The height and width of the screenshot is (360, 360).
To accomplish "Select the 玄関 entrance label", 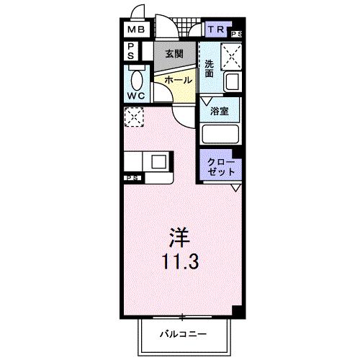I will click(x=173, y=53).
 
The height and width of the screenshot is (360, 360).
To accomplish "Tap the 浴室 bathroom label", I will click(x=220, y=111).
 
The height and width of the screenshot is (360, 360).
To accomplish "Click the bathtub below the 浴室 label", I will click(x=220, y=134).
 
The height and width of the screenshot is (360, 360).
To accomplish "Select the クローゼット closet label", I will click(x=220, y=166).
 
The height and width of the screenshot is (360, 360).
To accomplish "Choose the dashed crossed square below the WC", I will click(x=133, y=117).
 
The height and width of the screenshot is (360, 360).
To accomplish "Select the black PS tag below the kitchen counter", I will click(x=132, y=177).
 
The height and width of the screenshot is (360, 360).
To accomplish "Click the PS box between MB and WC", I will click(x=132, y=51).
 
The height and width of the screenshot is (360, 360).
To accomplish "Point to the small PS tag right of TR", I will click(x=236, y=33).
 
